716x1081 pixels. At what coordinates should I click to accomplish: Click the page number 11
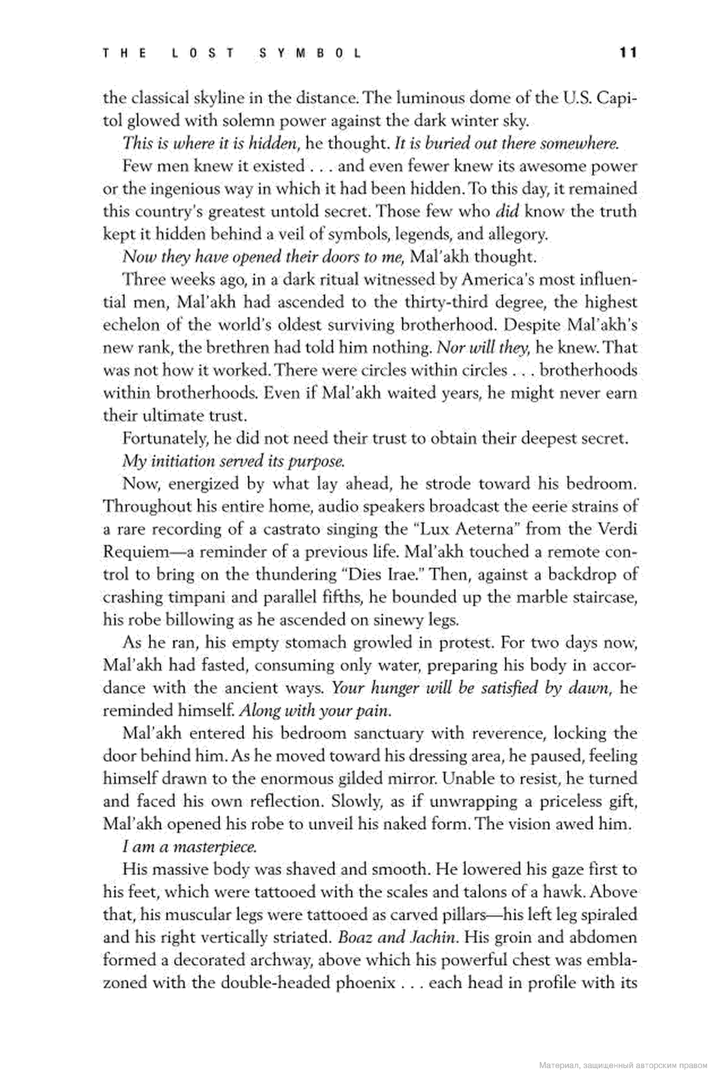click(628, 53)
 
